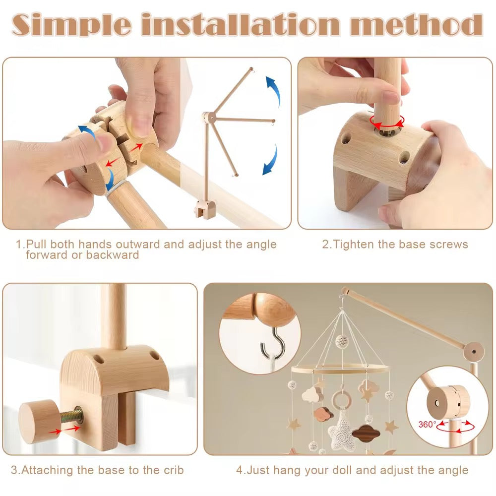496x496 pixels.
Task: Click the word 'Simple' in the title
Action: pyautogui.click(x=71, y=25)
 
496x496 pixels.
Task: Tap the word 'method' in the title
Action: pyautogui.click(x=417, y=25)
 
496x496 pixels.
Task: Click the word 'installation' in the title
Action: pyautogui.click(x=241, y=24)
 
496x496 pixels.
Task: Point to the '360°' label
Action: pyautogui.click(x=427, y=424)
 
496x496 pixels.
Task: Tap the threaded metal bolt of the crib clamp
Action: pyautogui.click(x=71, y=415)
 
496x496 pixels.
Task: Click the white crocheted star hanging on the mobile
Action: pyautogui.click(x=342, y=430)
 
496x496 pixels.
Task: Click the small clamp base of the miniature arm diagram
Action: pyautogui.click(x=205, y=209)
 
